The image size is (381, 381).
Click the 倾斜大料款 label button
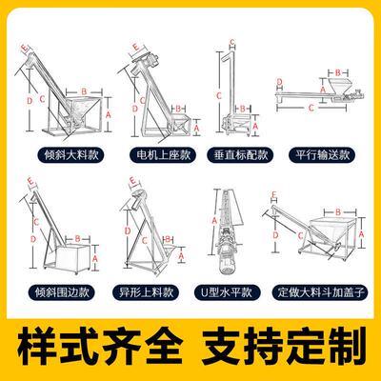click(x=71, y=155)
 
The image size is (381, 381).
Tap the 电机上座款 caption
click(x=163, y=155)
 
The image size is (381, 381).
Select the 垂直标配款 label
click(x=240, y=155)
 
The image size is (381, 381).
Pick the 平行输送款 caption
click(x=322, y=155)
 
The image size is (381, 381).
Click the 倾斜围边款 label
click(x=62, y=292)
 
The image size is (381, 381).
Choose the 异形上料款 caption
click(x=146, y=292)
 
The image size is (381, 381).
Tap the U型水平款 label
click(x=227, y=292)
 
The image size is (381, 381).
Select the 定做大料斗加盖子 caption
click(x=320, y=292)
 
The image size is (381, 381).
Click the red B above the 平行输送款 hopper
click(x=338, y=72)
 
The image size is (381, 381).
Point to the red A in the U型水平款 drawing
click(x=214, y=220)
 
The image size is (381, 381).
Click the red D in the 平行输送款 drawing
click(x=279, y=82)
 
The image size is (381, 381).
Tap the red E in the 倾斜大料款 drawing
click(x=25, y=49)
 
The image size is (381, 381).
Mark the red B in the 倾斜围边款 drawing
click(x=78, y=238)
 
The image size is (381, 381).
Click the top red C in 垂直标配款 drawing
click(x=232, y=42)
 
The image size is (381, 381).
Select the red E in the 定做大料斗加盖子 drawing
click(x=274, y=194)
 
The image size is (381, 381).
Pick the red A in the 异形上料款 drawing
click(x=181, y=255)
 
